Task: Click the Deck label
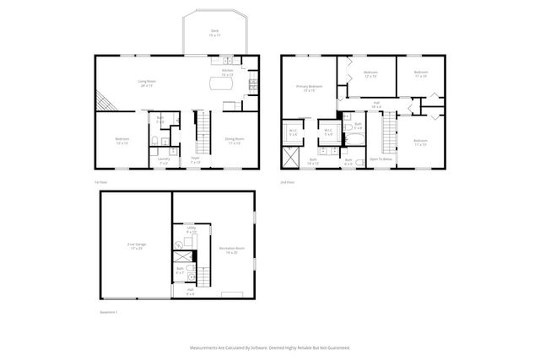[214, 33]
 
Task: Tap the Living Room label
[146, 83]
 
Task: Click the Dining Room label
[234, 140]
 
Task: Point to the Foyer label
[195, 159]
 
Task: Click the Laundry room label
[164, 159]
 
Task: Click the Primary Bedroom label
[309, 89]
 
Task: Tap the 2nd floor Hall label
[375, 105]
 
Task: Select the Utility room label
[192, 228]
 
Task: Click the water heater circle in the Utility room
[179, 245]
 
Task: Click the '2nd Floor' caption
[288, 182]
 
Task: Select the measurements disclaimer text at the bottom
[269, 347]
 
